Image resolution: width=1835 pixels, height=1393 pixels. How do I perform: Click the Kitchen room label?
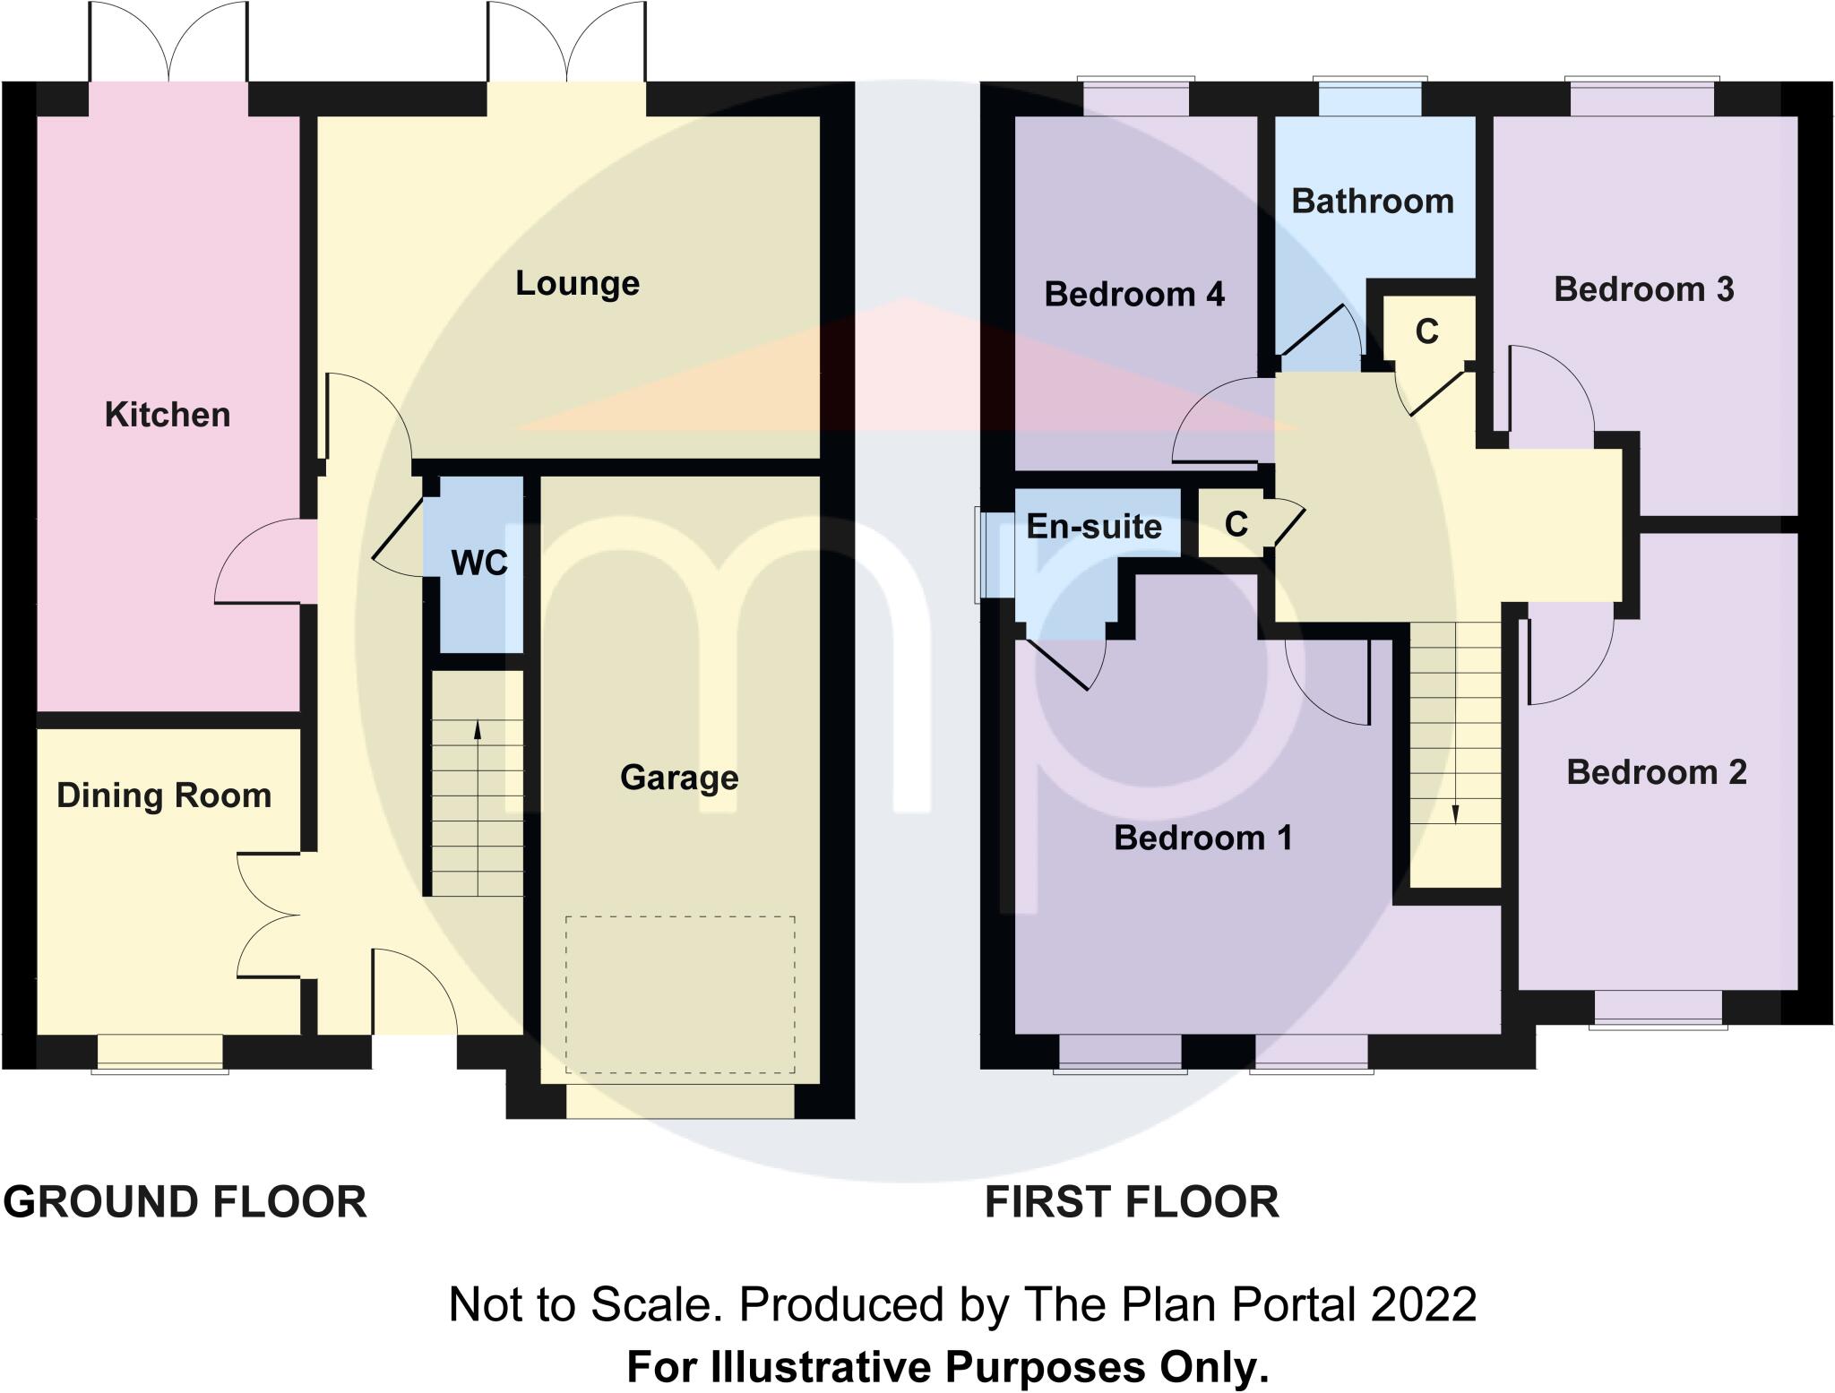[x=168, y=415]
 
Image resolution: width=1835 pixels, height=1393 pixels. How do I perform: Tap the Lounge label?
[x=577, y=283]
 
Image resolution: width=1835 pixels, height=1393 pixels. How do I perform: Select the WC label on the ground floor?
[x=479, y=563]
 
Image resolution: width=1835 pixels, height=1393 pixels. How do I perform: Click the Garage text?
[x=679, y=777]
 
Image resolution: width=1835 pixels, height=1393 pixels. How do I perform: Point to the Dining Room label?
[x=164, y=795]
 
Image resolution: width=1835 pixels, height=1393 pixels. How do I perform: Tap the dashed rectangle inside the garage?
[x=680, y=993]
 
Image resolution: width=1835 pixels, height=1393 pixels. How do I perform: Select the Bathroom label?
[x=1372, y=201]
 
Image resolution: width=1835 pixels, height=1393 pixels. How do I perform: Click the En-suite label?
[x=1093, y=526]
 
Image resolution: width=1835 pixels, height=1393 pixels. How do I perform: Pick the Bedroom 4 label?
[x=1133, y=294]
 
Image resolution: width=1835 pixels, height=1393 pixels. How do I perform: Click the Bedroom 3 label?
[x=1643, y=289]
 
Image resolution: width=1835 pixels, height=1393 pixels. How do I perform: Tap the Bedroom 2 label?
[x=1656, y=772]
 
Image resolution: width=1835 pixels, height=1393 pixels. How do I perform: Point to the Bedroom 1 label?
[x=1202, y=838]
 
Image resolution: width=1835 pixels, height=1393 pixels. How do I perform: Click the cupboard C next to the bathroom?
[x=1426, y=332]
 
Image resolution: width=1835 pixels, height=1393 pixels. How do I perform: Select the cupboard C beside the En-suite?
[x=1236, y=524]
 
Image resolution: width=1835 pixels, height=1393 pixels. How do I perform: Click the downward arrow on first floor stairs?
[x=1455, y=813]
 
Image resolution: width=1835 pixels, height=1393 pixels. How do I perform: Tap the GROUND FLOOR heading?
[x=185, y=1201]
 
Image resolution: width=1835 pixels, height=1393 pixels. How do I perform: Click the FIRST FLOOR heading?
[x=1132, y=1201]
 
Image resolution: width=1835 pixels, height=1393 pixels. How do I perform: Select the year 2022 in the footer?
[x=1423, y=1304]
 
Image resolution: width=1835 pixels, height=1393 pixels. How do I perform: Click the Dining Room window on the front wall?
[x=159, y=1053]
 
